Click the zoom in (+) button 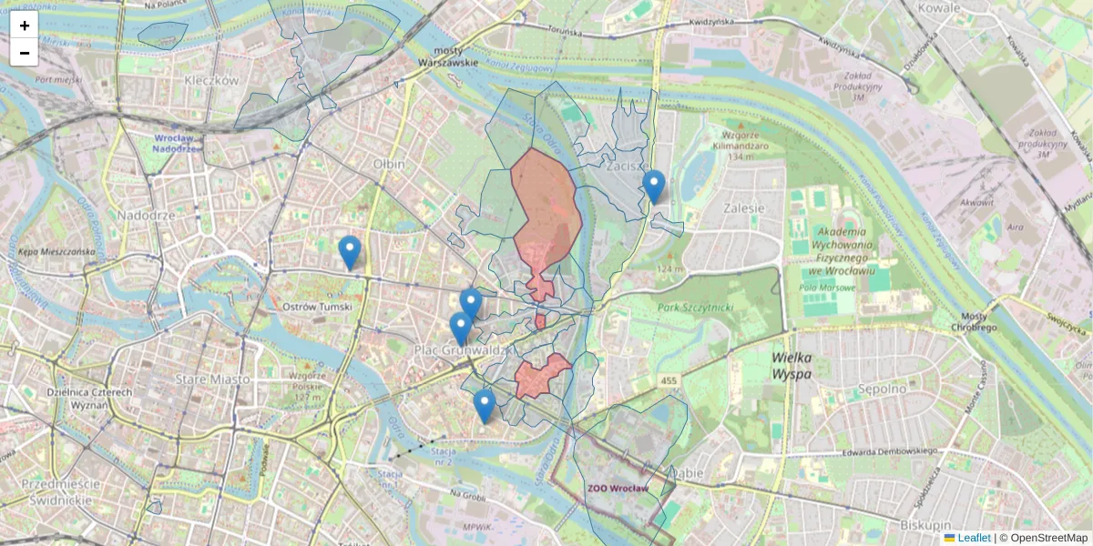click(x=24, y=25)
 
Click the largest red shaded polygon click(x=545, y=205)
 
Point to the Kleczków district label click(x=210, y=80)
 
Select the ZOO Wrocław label click(x=618, y=489)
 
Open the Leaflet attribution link click(x=973, y=538)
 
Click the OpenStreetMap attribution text click(x=1048, y=538)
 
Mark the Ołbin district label click(x=389, y=164)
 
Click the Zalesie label click(x=743, y=207)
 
